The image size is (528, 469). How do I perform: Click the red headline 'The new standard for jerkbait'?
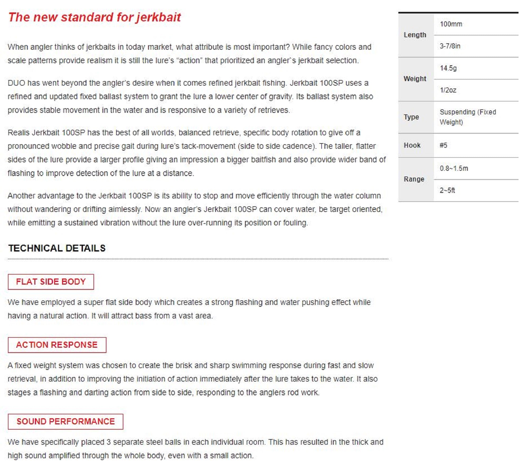(x=94, y=17)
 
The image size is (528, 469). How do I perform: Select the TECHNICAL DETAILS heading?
(x=57, y=248)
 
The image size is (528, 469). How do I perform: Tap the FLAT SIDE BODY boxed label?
(x=51, y=282)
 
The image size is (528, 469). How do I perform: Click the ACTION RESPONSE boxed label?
(x=57, y=345)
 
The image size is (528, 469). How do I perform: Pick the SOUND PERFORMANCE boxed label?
(x=65, y=421)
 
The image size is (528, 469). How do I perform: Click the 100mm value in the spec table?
(x=451, y=24)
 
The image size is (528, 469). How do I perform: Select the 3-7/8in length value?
(x=450, y=46)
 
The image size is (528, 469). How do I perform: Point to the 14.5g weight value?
(x=448, y=68)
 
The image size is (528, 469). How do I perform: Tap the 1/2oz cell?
(x=448, y=90)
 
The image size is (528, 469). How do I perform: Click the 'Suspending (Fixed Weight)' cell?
(x=468, y=117)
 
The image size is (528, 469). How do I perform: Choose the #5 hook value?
(x=444, y=145)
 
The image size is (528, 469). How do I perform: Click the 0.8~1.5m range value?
(x=454, y=168)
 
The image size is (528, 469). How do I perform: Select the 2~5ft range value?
(x=447, y=190)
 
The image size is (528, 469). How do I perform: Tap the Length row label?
(x=415, y=35)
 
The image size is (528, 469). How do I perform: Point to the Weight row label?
(x=415, y=79)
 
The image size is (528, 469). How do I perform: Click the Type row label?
(x=411, y=117)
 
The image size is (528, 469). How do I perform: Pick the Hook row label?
(x=412, y=145)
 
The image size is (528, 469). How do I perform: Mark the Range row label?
(x=414, y=179)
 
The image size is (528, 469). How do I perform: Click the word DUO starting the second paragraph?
(x=16, y=83)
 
